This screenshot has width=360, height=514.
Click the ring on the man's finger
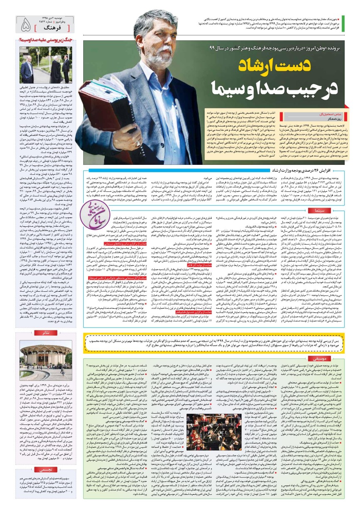tap(138, 143)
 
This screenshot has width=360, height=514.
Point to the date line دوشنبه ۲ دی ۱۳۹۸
tap(56, 18)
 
